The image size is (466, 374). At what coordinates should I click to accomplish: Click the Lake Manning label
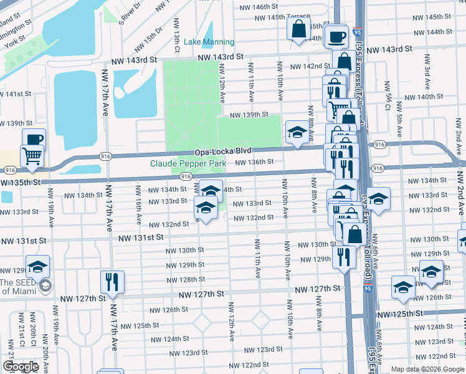pos(209,42)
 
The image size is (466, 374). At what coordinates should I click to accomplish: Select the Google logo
pos(21,367)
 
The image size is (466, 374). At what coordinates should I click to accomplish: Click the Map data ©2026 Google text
pos(427,369)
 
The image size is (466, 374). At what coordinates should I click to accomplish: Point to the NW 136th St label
pos(254,162)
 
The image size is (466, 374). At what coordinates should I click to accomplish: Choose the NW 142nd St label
pos(310,66)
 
